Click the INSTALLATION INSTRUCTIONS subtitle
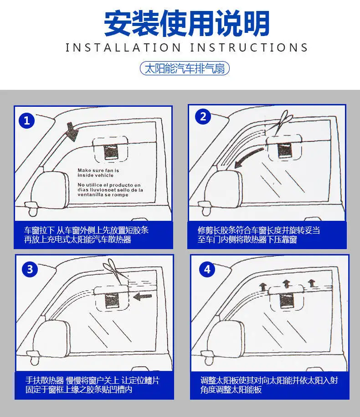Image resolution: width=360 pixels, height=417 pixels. click(187, 47)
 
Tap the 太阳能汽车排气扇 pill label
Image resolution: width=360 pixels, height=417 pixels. click(185, 69)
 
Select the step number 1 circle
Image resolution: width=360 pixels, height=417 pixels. click(27, 120)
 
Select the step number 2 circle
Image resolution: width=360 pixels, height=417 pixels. click(203, 117)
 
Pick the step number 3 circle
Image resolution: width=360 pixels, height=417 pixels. click(30, 269)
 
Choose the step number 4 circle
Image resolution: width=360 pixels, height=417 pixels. click(207, 269)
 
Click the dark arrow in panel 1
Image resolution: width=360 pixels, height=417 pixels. click(72, 132)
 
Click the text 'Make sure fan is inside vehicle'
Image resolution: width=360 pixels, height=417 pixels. click(98, 172)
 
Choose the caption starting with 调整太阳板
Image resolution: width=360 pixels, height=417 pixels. click(269, 385)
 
